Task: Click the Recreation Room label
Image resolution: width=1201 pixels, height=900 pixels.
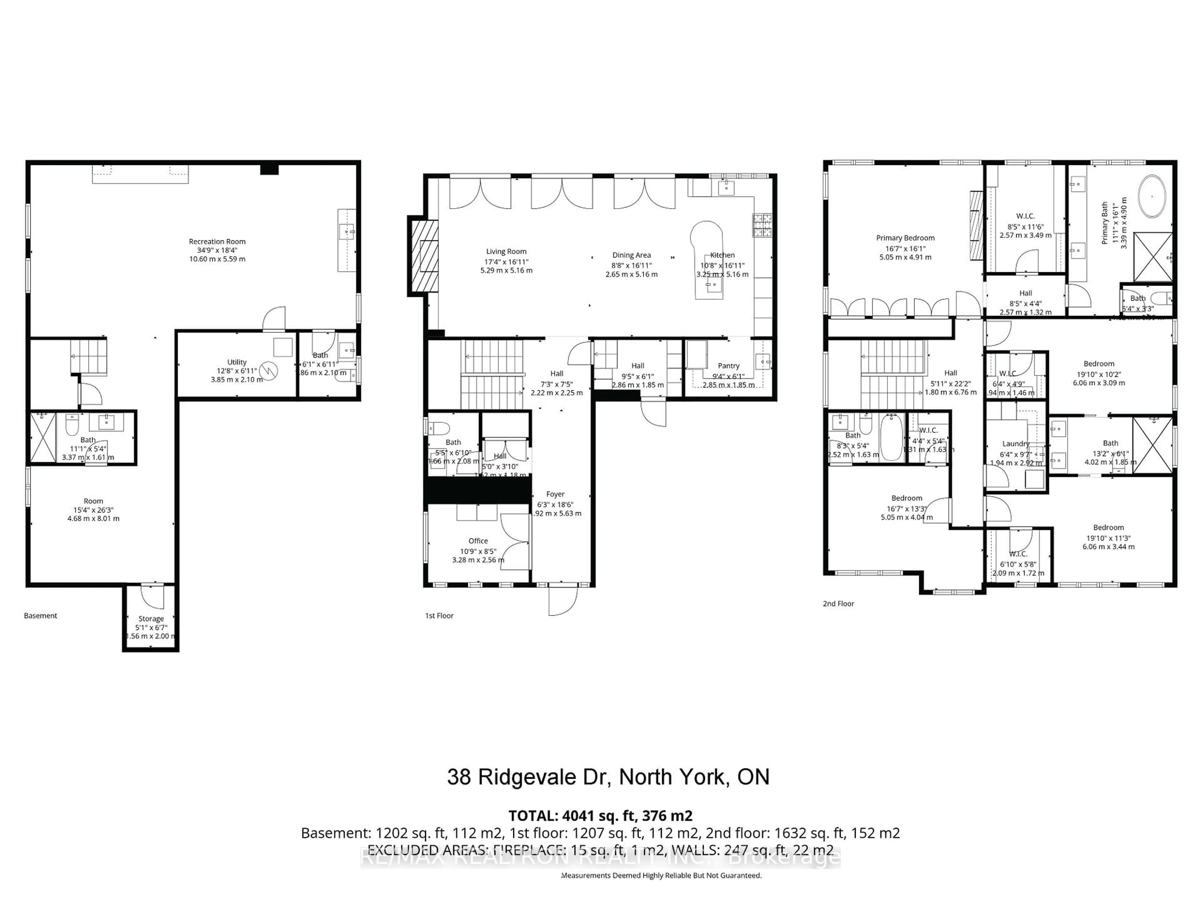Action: tap(217, 242)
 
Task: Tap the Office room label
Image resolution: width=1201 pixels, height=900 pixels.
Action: tap(478, 541)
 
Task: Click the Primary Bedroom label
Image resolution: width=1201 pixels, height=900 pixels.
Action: tap(905, 237)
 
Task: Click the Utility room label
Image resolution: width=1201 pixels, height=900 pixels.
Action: tap(237, 362)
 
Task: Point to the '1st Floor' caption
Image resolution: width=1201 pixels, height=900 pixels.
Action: tap(439, 615)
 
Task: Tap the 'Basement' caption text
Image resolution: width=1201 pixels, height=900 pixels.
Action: tap(41, 615)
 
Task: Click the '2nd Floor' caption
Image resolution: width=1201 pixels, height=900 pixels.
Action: tap(838, 603)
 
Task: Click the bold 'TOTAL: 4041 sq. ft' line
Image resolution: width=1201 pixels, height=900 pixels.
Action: tap(600, 815)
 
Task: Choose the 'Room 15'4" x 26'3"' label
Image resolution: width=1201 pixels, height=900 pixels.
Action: tap(94, 501)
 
